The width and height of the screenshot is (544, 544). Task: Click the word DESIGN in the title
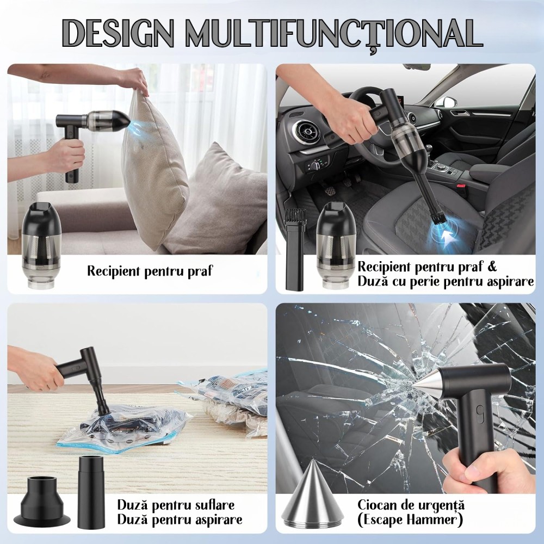click(x=118, y=33)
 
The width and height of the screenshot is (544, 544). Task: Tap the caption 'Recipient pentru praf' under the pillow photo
click(x=150, y=271)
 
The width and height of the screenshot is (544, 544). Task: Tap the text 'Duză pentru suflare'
click(x=176, y=505)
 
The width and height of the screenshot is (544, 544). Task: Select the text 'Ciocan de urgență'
click(x=411, y=505)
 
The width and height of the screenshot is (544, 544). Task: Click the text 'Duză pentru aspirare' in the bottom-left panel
click(x=180, y=520)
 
